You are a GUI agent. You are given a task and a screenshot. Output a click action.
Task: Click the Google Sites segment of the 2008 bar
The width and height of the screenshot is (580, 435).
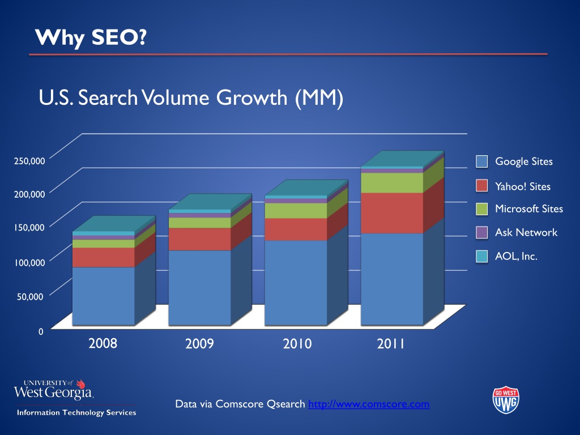[103, 296]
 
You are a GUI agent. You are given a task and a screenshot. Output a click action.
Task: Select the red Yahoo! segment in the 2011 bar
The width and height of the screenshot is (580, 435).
[392, 213]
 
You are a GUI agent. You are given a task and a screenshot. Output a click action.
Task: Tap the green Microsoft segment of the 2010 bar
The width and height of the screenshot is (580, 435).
[296, 211]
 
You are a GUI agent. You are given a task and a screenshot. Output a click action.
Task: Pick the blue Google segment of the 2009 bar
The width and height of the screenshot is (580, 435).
[199, 288]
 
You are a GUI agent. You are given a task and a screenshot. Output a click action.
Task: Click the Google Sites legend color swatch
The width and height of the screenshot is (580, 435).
[481, 161]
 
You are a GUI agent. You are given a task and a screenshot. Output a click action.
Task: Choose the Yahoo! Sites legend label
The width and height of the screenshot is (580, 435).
[523, 186]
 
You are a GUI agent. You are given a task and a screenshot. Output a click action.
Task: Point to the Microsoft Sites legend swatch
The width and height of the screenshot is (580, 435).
[481, 209]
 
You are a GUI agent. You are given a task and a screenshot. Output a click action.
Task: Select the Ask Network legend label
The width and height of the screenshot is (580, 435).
[526, 232]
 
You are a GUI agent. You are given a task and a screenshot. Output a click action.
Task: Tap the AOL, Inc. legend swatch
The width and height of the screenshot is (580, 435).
[481, 257]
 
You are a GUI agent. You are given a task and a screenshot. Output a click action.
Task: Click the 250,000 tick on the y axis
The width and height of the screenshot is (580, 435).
[29, 161]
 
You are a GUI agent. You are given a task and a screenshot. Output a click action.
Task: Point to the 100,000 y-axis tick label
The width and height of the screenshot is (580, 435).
[29, 262]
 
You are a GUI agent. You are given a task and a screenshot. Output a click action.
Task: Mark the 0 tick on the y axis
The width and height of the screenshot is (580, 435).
[41, 331]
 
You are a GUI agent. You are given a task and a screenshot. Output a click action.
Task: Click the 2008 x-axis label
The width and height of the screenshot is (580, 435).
[103, 343]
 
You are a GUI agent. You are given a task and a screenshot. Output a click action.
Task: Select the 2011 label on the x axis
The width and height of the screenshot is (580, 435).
[391, 344]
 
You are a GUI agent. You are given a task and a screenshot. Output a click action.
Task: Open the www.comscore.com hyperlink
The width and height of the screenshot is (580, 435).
[369, 404]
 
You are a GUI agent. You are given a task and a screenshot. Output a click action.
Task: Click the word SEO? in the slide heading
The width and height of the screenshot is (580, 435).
[119, 37]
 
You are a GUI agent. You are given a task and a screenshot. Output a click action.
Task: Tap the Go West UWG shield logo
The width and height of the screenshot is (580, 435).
[506, 400]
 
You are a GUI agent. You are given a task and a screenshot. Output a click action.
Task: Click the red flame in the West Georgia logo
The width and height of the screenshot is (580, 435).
[80, 384]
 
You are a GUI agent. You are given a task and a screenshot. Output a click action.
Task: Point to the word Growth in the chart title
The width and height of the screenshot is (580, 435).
[251, 97]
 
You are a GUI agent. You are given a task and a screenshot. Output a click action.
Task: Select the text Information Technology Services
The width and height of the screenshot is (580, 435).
[76, 412]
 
